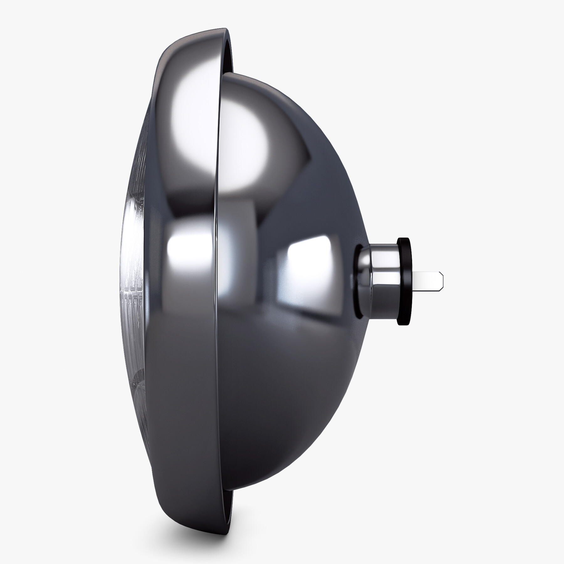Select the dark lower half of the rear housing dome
282,407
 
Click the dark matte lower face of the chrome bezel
182,423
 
